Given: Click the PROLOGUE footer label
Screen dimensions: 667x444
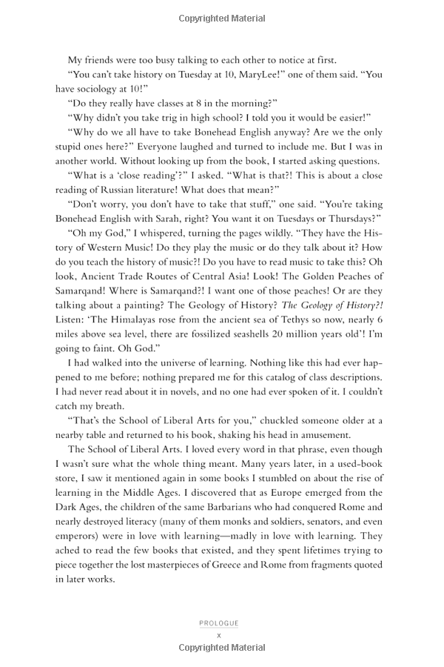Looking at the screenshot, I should click(x=219, y=623).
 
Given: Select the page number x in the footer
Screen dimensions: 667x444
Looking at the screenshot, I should click(x=219, y=635).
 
